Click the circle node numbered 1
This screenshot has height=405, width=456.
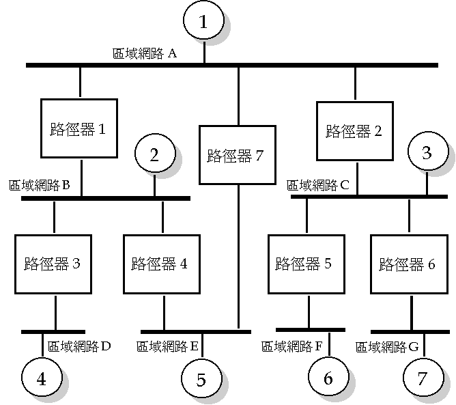point(203,22)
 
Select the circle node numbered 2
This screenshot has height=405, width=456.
point(154,155)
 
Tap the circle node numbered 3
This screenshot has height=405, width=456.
point(427,153)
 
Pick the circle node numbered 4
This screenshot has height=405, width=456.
point(42,379)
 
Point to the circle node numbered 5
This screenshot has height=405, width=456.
point(201,380)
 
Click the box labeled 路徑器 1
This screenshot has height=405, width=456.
point(79,129)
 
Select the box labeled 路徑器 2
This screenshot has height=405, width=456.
point(354,130)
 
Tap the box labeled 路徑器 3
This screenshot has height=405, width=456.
point(53,264)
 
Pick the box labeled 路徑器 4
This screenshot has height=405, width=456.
point(162,264)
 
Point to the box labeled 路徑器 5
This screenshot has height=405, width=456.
point(306,264)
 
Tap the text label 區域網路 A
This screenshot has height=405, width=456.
point(145,53)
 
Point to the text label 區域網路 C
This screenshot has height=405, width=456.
point(318,184)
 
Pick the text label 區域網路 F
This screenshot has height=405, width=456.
point(292,346)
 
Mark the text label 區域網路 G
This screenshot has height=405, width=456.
point(387,347)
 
